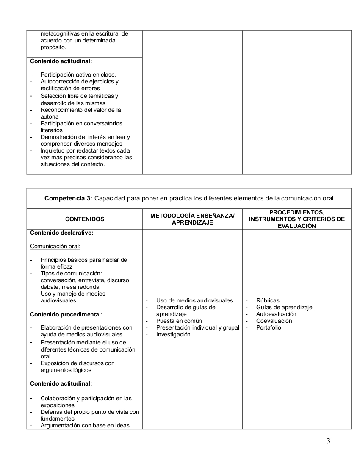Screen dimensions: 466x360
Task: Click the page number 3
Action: (328, 441)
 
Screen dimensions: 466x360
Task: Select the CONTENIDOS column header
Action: (85, 219)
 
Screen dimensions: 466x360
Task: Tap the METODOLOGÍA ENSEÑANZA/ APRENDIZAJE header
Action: (192, 219)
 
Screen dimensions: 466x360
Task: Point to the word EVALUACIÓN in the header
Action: (296, 226)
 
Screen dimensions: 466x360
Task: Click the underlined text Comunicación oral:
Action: (55, 246)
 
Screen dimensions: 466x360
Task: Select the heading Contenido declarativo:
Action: (61, 233)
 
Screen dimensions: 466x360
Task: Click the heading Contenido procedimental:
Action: (66, 315)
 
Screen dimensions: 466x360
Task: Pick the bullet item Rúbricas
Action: (268, 300)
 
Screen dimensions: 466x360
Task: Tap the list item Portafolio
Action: (269, 327)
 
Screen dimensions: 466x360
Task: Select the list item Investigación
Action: (173, 334)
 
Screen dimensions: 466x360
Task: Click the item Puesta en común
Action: (179, 321)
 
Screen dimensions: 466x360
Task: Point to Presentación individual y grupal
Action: (197, 327)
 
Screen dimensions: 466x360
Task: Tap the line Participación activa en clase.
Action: (78, 75)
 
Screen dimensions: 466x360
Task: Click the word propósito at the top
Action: (53, 47)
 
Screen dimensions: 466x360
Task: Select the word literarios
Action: (51, 130)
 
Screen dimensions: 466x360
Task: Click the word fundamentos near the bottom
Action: (58, 419)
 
